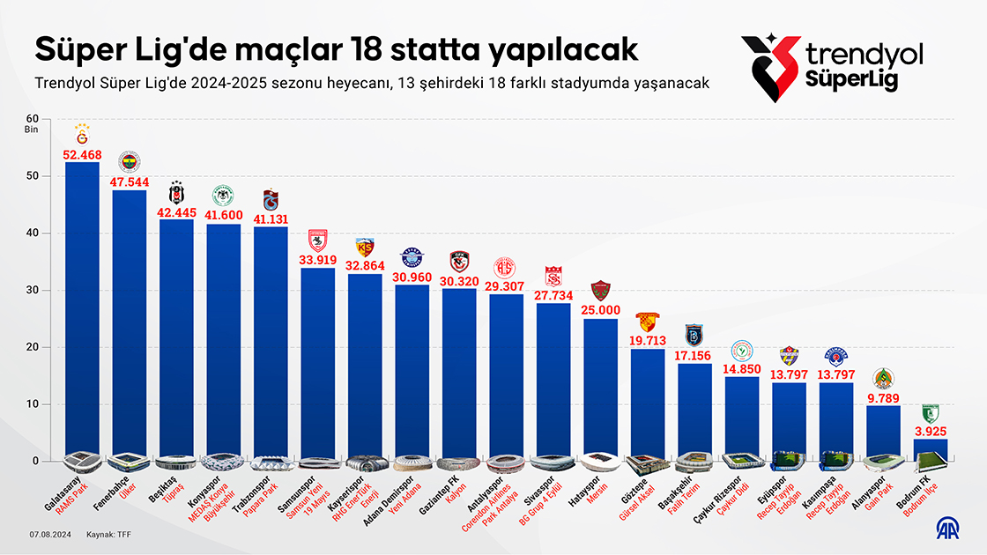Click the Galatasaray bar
tap(82, 308)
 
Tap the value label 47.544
tap(130, 182)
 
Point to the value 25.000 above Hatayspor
tap(600, 311)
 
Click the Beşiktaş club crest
tap(176, 194)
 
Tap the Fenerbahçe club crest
tap(130, 162)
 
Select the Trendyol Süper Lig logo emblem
tap(770, 63)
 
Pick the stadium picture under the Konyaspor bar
tap(223, 462)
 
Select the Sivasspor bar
tap(553, 379)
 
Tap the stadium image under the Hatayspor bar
tap(600, 462)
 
